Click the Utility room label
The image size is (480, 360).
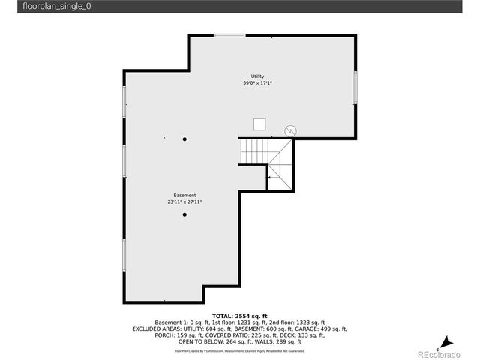coord(257,76)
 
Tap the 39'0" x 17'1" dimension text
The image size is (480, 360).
coord(257,83)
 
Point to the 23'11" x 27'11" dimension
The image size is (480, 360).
coord(184,202)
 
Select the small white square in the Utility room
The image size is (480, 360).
coord(259,124)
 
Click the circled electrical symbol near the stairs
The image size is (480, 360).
coord(289,130)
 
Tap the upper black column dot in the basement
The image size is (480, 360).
coord(184,138)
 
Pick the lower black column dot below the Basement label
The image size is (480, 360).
coord(184,215)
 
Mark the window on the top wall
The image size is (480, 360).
coord(229,35)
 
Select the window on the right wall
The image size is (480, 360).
coord(355,85)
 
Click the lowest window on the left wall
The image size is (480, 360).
coord(124,255)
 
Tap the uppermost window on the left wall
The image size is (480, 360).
coord(124,104)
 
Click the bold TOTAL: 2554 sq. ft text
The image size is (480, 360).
coord(239,316)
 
